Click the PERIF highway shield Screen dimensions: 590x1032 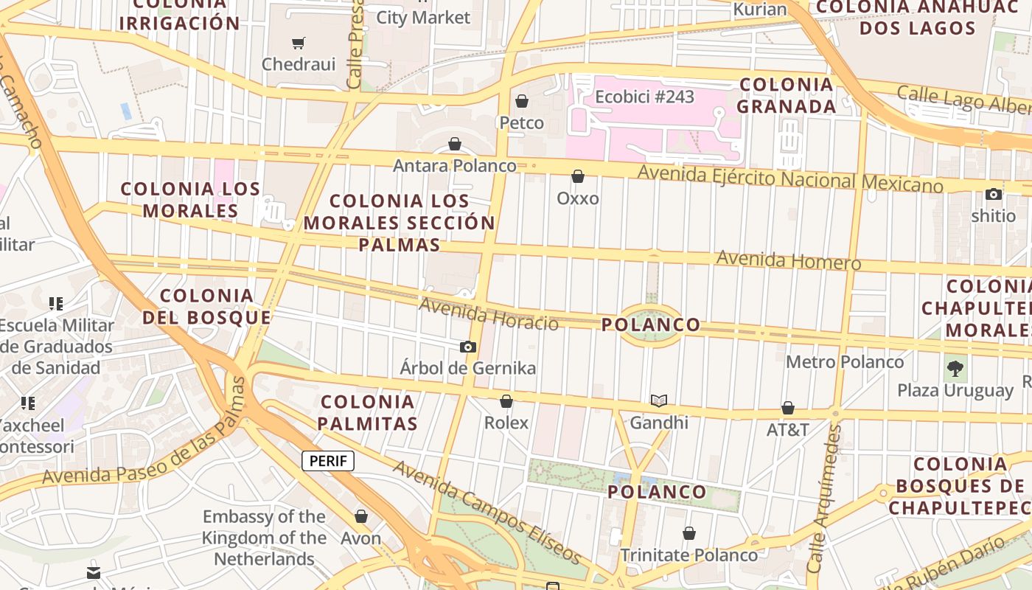[x=328, y=462]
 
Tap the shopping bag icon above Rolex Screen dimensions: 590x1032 [x=506, y=401]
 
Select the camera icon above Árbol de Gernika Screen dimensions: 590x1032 [x=467, y=347]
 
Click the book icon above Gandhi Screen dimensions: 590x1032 [x=658, y=400]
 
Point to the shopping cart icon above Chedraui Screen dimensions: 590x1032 [x=299, y=43]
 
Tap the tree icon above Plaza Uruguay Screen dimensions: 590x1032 [x=955, y=368]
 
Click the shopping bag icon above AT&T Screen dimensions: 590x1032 [x=788, y=408]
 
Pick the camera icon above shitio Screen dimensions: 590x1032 [x=994, y=195]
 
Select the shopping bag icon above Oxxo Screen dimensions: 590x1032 [x=578, y=176]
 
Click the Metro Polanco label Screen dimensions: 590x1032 [x=845, y=362]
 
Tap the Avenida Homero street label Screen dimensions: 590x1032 [x=788, y=260]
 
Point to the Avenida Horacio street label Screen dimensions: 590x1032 [x=488, y=314]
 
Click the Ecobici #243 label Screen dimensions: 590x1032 [x=644, y=97]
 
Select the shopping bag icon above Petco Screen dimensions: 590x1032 [x=522, y=101]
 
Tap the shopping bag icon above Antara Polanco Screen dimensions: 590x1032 [x=455, y=144]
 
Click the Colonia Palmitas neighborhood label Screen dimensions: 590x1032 [x=368, y=413]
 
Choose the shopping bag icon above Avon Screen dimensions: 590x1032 [x=361, y=516]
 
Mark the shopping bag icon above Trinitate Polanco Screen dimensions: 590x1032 [x=689, y=533]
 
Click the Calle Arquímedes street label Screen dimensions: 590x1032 [x=825, y=499]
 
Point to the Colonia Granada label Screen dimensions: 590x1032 [x=786, y=95]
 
